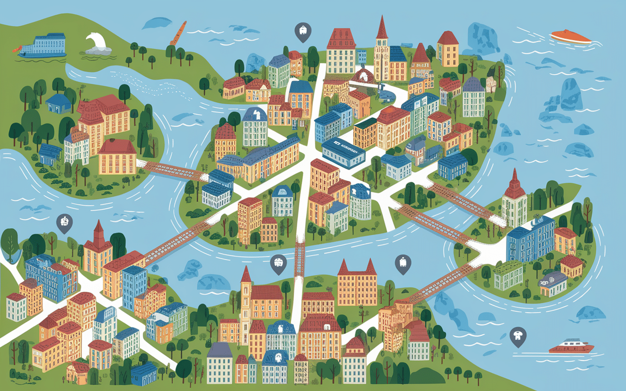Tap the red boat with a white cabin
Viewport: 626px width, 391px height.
coord(571,347)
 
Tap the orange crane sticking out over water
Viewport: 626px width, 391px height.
coord(177,33)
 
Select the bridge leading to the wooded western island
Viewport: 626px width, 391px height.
coord(174,170)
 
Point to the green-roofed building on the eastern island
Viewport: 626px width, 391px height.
coord(508,275)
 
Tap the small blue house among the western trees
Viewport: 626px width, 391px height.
coord(58,103)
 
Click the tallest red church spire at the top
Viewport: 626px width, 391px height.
coord(381,29)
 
